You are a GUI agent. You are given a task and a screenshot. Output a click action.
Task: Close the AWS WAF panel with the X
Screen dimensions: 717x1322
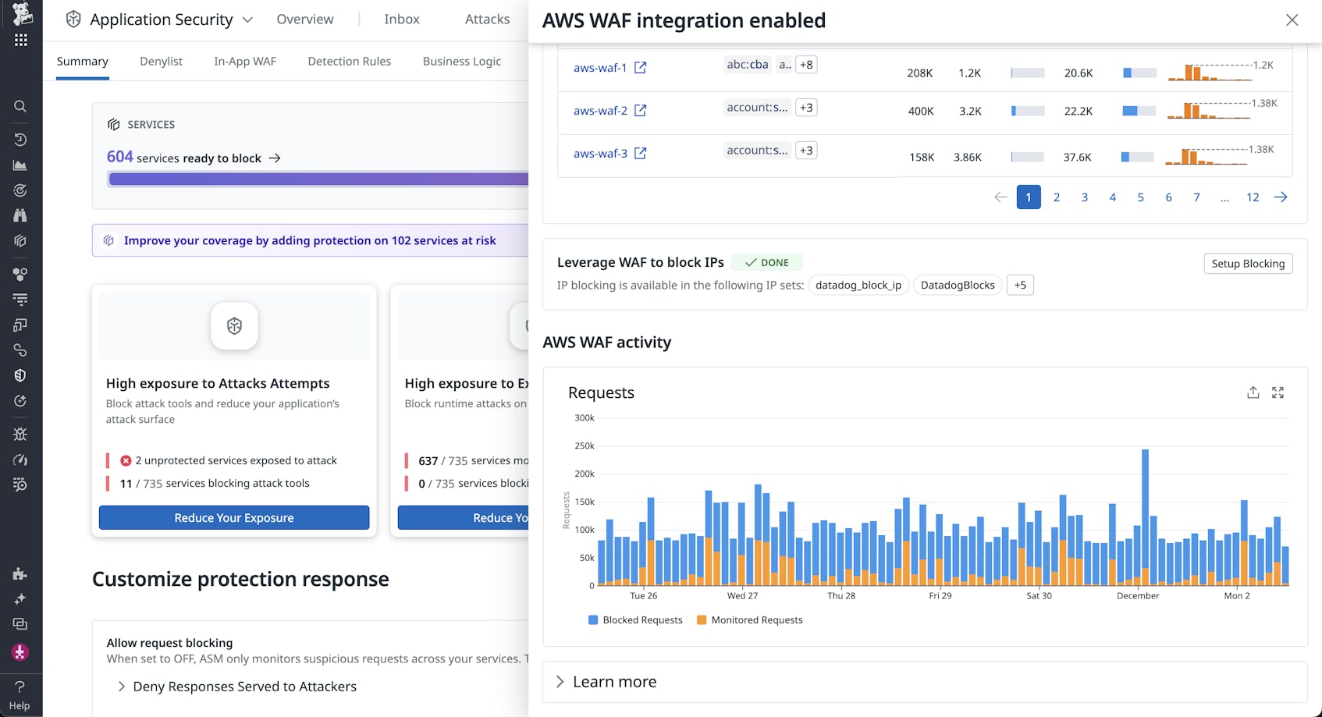click(1292, 20)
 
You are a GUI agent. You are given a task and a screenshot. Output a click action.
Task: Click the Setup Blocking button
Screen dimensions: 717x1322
click(1248, 264)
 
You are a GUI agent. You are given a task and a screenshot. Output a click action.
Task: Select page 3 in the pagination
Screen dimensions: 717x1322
click(1084, 197)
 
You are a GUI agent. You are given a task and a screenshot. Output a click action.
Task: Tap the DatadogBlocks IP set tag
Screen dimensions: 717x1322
click(957, 286)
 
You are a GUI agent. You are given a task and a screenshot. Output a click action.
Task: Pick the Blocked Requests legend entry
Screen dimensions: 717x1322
click(634, 620)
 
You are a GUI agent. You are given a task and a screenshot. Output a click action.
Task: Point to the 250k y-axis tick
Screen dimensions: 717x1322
click(585, 446)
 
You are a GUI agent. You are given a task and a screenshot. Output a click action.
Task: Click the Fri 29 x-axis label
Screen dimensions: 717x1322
click(940, 596)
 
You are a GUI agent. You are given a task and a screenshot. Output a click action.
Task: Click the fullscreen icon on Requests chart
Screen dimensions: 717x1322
click(1278, 392)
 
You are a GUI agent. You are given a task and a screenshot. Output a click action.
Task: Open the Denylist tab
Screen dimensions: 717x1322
click(161, 62)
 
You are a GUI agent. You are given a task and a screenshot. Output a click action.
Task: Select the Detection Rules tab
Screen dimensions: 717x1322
click(349, 62)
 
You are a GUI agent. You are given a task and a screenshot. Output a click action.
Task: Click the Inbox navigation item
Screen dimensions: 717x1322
click(401, 20)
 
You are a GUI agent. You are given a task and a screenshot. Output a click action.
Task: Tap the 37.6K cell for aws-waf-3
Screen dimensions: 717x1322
click(1077, 158)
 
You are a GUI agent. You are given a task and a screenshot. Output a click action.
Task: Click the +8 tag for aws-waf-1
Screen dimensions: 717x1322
click(806, 65)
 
